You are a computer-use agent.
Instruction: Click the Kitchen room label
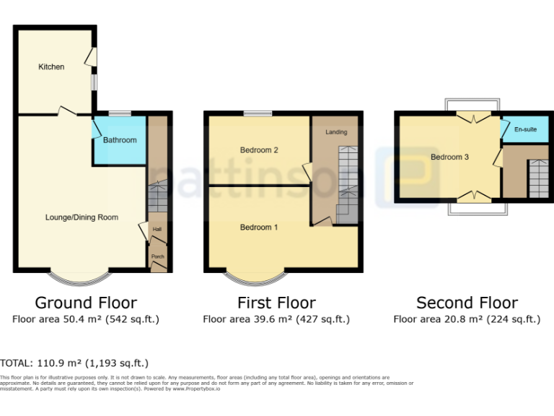tap(51, 67)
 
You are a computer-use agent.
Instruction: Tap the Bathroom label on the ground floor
tap(119, 140)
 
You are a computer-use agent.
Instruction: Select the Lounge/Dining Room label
tap(82, 217)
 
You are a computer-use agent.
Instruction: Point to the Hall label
tap(157, 230)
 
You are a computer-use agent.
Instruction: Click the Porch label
tap(157, 256)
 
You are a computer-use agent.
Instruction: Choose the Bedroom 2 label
tap(259, 150)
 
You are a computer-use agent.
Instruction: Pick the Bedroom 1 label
tap(259, 227)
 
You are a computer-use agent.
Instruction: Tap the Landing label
tap(336, 132)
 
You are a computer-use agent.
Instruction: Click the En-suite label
tap(525, 130)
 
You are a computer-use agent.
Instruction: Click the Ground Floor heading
tap(86, 303)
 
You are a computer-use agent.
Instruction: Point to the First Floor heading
tap(276, 303)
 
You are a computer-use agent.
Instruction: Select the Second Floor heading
tap(467, 303)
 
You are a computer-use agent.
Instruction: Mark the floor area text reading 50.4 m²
tap(86, 318)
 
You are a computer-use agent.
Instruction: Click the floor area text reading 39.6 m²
tap(276, 318)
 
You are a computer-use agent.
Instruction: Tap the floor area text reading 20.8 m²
tap(467, 318)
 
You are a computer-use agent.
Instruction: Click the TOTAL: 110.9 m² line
tap(74, 363)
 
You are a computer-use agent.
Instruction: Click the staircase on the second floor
tap(537, 178)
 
